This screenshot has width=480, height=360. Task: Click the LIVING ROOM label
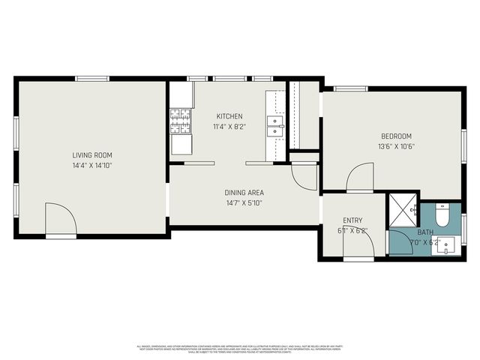pyautogui.click(x=92, y=155)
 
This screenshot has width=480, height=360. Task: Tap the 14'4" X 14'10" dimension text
pyautogui.click(x=92, y=165)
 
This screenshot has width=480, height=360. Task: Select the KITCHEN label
pyautogui.click(x=229, y=116)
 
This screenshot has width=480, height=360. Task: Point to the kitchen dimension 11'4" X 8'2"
pyautogui.click(x=229, y=127)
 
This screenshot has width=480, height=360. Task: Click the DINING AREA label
pyautogui.click(x=245, y=193)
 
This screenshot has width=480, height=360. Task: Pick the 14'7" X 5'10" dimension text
pyautogui.click(x=245, y=203)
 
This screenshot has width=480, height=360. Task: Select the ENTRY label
pyautogui.click(x=352, y=220)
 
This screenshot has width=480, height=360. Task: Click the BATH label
pyautogui.click(x=426, y=232)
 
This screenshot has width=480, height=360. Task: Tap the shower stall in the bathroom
pyautogui.click(x=402, y=209)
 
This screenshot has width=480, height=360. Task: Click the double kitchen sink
pyautogui.click(x=276, y=125)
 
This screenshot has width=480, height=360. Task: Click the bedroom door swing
pyautogui.click(x=361, y=178)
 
